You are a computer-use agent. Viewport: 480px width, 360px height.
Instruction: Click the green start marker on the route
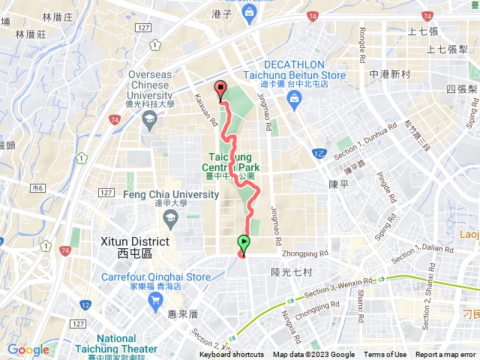(x=244, y=242)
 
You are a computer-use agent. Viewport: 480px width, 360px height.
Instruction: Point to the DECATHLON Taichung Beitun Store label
(x=295, y=70)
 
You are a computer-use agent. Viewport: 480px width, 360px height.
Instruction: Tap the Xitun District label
(x=135, y=247)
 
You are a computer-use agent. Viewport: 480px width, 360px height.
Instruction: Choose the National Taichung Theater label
(x=116, y=344)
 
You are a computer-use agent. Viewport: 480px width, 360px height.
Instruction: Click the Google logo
(x=28, y=349)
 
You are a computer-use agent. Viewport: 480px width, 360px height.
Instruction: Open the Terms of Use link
(x=385, y=355)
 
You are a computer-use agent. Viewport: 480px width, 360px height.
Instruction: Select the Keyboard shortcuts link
(x=232, y=355)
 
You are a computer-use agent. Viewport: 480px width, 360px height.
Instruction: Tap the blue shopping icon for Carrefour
(x=156, y=301)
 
